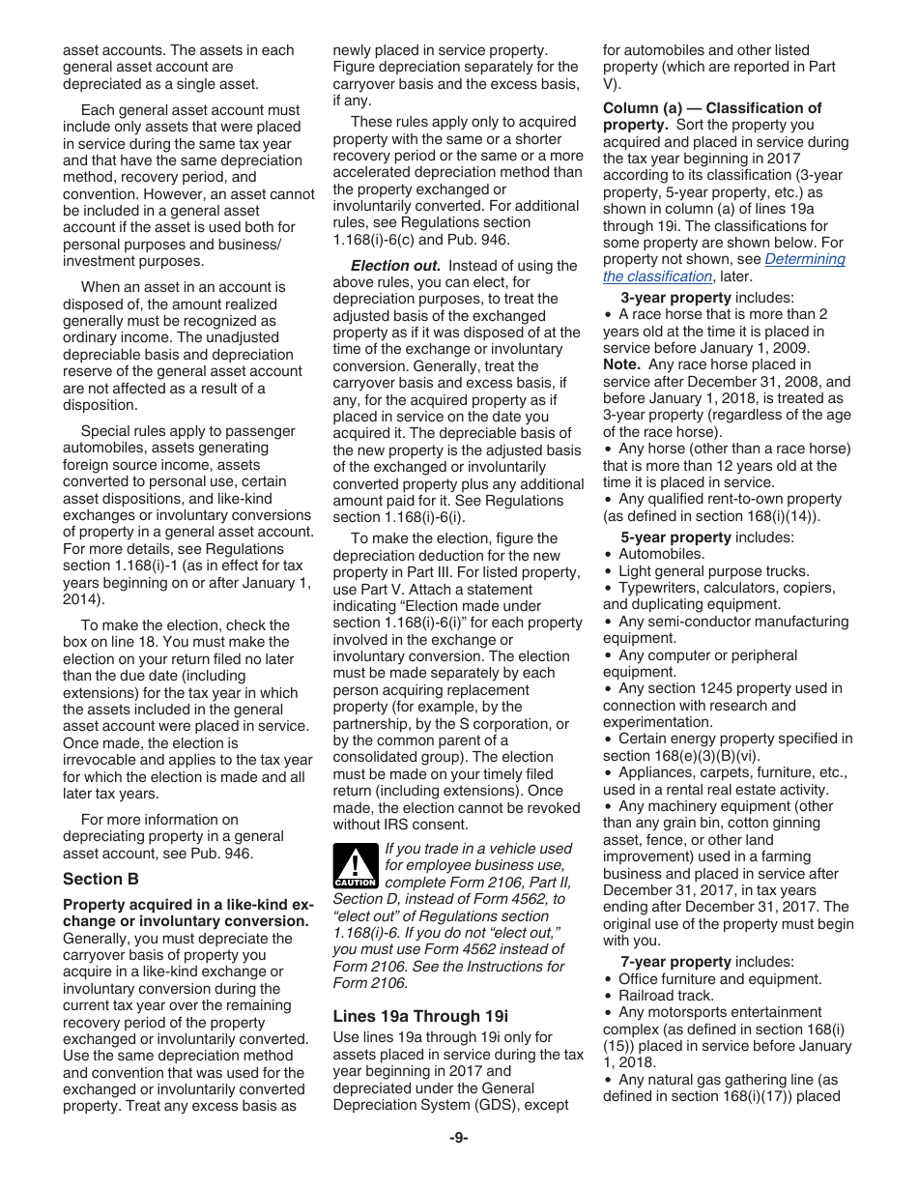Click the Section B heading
[100, 879]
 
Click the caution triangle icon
[355, 864]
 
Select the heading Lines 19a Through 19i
[420, 1016]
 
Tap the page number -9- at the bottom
[458, 1138]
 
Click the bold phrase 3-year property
[675, 298]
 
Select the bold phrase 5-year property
[675, 537]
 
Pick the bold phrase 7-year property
[675, 962]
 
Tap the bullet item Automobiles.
[661, 554]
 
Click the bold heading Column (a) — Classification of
[712, 108]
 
